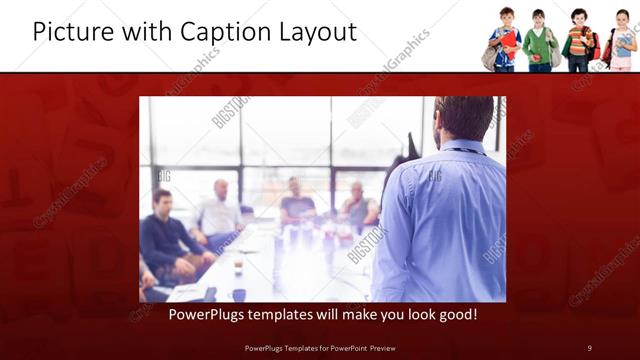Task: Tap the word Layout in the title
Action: click(x=318, y=32)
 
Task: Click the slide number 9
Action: click(x=589, y=347)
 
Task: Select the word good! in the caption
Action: click(x=455, y=314)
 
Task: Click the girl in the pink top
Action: click(x=623, y=44)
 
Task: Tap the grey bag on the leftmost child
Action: click(x=490, y=56)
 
